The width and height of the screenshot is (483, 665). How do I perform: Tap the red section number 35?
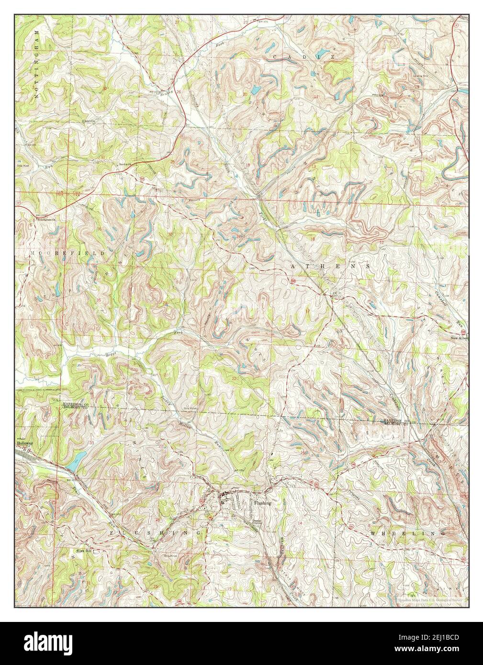click(99, 300)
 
